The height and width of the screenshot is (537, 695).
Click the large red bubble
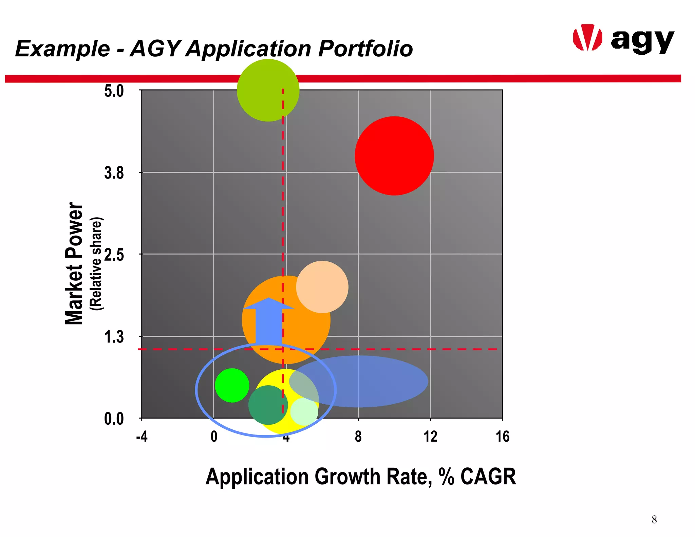pos(394,156)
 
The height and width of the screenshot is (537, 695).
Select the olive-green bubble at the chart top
pos(268,90)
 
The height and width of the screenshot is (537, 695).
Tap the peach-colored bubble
pos(322,287)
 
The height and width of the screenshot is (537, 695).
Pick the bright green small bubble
pos(232,385)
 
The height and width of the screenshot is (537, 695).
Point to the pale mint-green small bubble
pos(304,412)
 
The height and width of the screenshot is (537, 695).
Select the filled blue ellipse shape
pos(370,381)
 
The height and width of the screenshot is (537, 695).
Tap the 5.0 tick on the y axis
pos(114,91)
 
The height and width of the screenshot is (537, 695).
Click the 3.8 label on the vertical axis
pos(114,173)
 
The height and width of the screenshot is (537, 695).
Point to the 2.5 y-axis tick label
pos(114,255)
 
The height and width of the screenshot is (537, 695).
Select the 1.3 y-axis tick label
pos(114,337)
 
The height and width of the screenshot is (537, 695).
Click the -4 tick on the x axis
pos(142,437)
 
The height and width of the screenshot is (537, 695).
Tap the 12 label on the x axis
pos(430,437)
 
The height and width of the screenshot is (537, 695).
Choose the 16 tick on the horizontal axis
pos(502,437)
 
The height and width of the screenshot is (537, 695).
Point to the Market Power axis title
pos(74,263)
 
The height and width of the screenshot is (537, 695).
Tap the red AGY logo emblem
pos(587,38)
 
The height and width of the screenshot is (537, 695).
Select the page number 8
pos(654,520)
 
